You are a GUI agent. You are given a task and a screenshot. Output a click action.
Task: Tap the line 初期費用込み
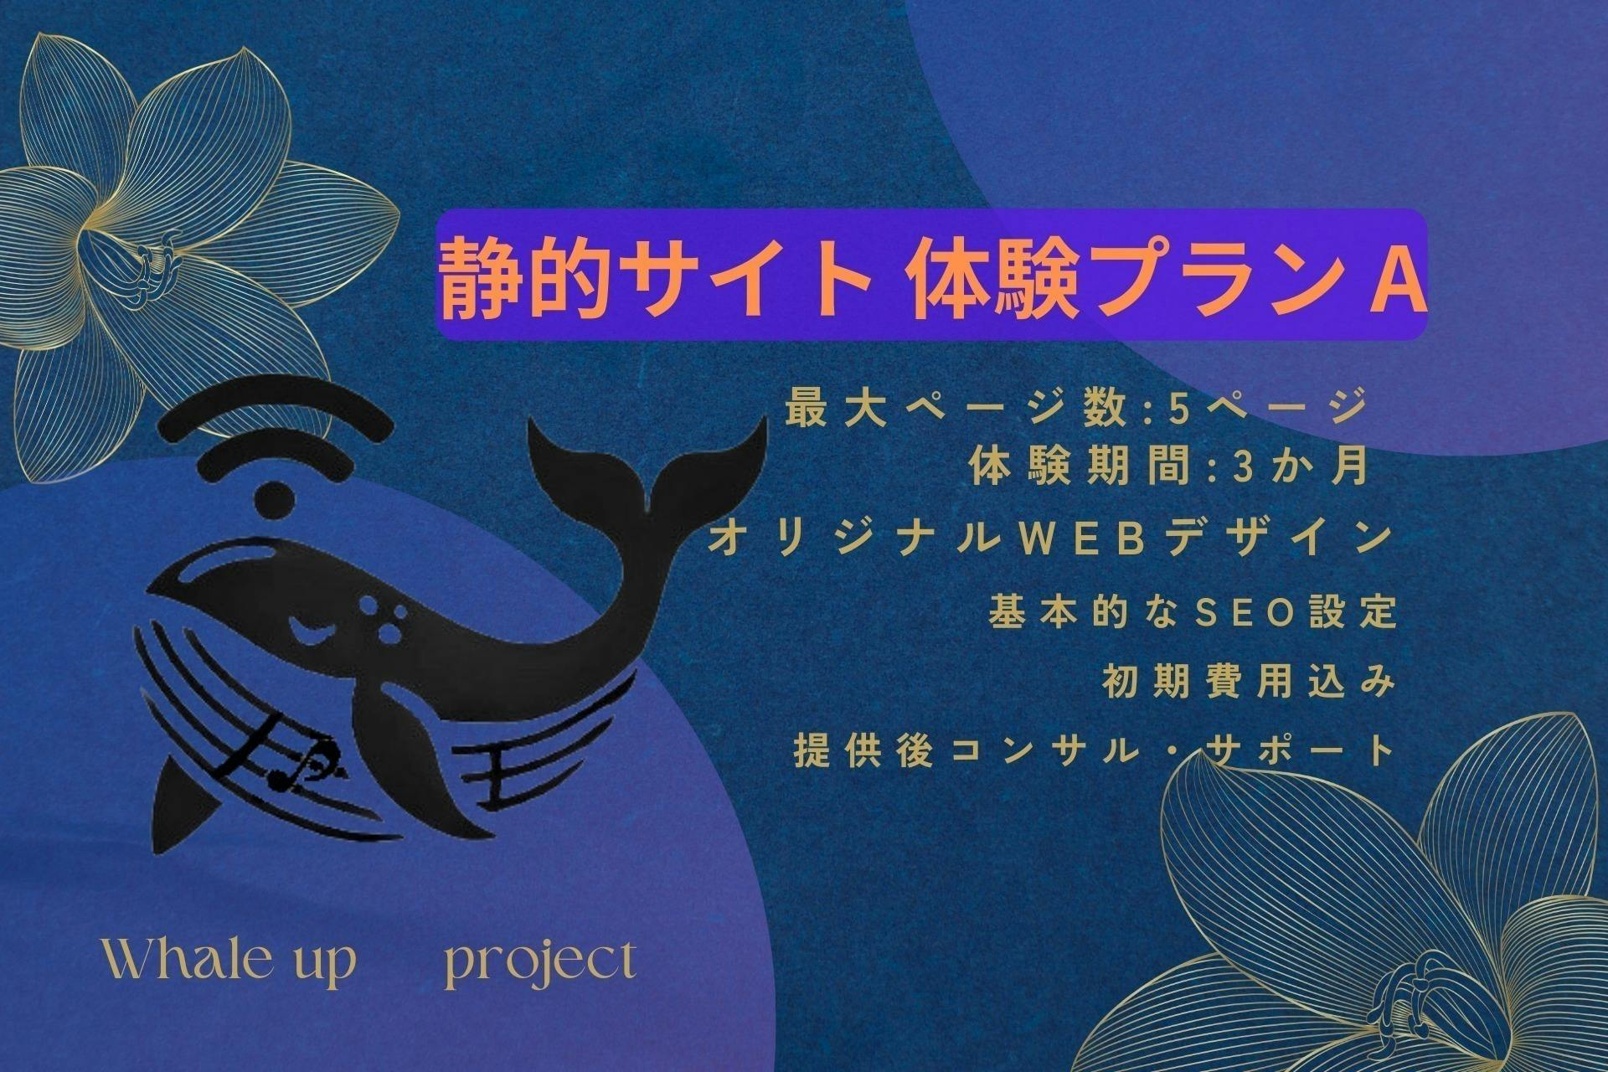tap(1250, 683)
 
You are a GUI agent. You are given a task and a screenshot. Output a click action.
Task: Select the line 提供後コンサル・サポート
tap(1095, 750)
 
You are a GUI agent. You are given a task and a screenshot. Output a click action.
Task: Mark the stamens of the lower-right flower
tap(1415, 1005)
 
